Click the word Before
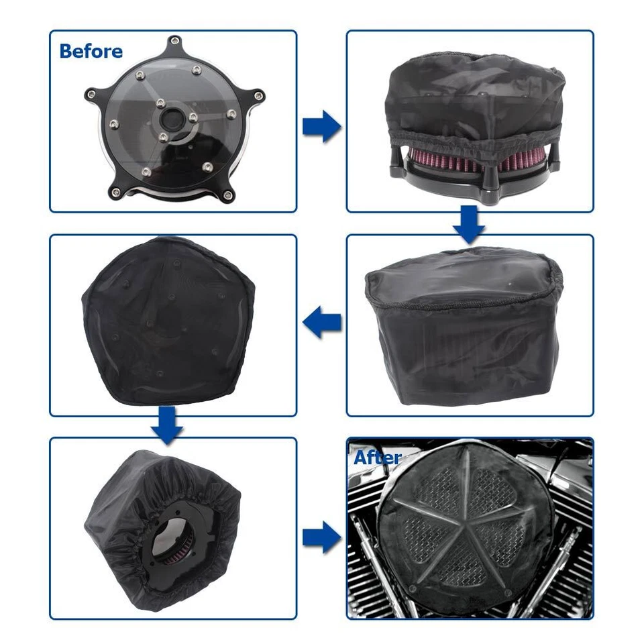point(91,51)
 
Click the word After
point(377,458)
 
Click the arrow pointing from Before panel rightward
point(321,127)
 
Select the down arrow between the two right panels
point(469,224)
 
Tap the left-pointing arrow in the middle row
point(321,325)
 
